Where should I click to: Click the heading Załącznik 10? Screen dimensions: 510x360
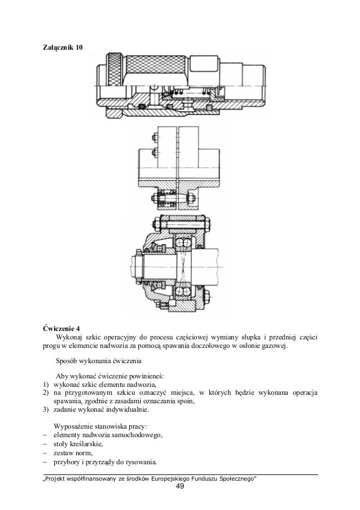tap(62, 50)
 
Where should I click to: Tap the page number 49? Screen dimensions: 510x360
tap(180, 488)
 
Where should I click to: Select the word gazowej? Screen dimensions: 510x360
tap(273, 346)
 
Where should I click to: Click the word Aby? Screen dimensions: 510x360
tap(62, 376)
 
